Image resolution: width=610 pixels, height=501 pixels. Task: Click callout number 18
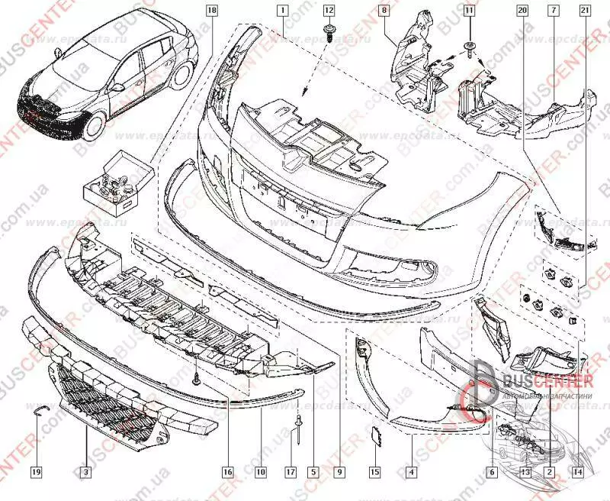[211, 11]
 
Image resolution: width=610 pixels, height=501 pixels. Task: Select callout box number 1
[282, 11]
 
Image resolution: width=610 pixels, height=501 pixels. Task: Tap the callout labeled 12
[329, 11]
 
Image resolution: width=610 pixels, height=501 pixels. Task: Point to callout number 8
[384, 11]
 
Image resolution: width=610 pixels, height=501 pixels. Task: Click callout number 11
[468, 11]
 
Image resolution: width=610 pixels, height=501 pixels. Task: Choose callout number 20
[522, 11]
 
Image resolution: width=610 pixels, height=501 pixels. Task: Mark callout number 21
[584, 11]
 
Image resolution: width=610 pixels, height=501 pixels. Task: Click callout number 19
[35, 473]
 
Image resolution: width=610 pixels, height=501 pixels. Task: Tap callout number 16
[226, 473]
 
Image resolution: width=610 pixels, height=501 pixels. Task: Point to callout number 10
[260, 473]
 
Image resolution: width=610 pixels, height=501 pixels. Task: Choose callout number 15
[375, 473]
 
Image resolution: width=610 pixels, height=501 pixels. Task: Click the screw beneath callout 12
[329, 31]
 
